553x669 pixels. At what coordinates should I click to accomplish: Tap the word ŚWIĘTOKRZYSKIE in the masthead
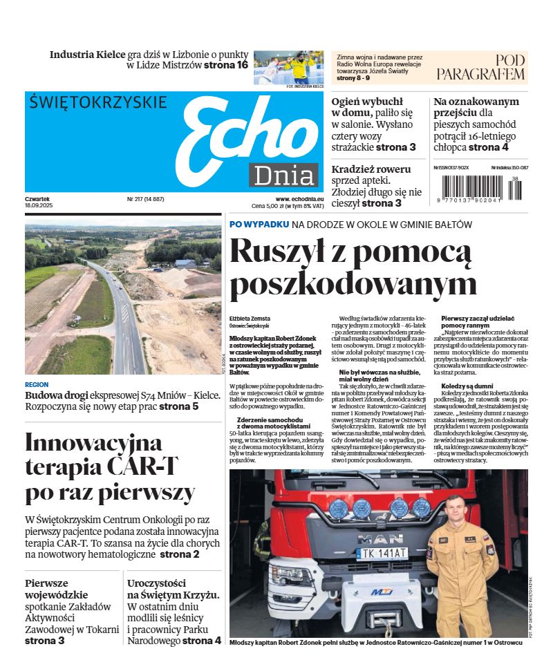pyautogui.click(x=98, y=102)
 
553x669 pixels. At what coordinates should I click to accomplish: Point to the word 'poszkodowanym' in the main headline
pyautogui.click(x=353, y=284)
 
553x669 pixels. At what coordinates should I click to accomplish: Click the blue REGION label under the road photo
pyautogui.click(x=37, y=384)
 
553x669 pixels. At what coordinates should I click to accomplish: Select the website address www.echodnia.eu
pyautogui.click(x=299, y=198)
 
